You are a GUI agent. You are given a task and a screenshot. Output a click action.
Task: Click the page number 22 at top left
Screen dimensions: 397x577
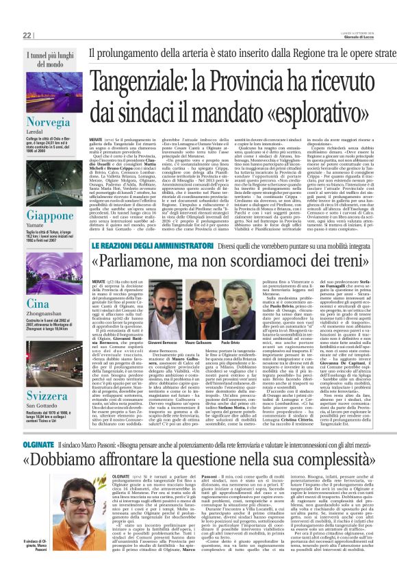tap(27, 35)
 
